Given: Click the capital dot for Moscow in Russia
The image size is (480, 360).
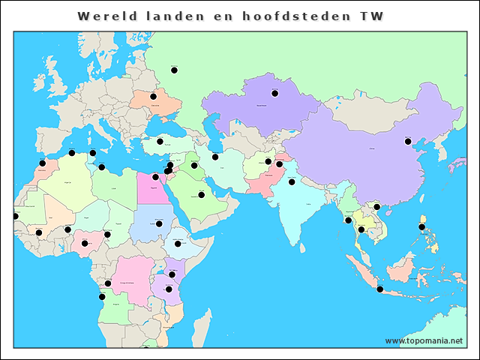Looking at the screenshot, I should coord(174,70).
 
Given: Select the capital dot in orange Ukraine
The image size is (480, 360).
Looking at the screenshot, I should coord(153,96).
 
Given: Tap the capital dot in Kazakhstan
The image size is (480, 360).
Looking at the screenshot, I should coord(274,93).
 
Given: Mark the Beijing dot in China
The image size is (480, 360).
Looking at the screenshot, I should coord(408,141).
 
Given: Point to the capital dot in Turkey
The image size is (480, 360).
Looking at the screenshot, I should coord(160,141).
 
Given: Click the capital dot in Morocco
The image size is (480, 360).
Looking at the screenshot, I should coord(42,163).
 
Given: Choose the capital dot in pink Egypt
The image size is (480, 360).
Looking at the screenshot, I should coord(155,177).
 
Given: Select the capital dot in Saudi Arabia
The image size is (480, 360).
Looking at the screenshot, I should coord(201,194).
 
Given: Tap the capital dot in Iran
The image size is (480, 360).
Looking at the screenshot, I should coord(215,157).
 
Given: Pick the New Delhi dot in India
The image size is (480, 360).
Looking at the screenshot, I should coord(292,181).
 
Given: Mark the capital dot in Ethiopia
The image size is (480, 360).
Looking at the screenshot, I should coord(178,243).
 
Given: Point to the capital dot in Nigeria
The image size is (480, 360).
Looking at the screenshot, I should coord(85,243).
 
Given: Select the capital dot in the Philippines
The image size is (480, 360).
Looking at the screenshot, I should coord(421,226).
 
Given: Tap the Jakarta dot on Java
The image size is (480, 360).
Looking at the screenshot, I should coord(379,289).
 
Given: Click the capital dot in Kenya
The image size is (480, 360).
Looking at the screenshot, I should coord(172,274).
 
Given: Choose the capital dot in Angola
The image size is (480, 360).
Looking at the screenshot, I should coord(102,297).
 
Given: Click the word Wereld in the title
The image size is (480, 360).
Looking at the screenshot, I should coord(106,16).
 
